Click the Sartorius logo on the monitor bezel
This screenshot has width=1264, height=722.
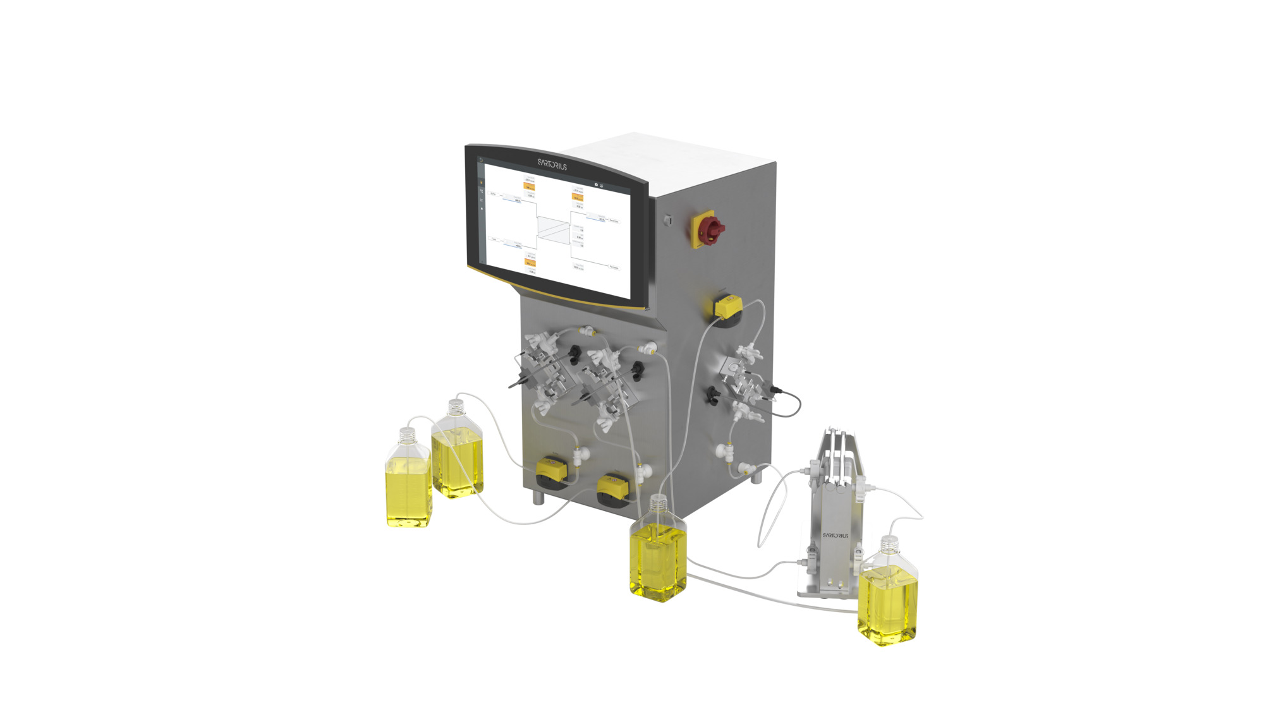552,165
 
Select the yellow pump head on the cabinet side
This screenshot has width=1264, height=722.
728,307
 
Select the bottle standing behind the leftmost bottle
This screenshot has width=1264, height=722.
458,458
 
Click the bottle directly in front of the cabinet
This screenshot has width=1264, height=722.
658,559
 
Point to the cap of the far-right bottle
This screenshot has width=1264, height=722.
889,542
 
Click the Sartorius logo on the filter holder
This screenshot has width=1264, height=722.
836,535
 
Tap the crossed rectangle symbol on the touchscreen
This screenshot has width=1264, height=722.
554,228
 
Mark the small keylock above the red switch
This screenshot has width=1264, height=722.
667,220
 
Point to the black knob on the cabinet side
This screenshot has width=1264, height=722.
714,395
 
